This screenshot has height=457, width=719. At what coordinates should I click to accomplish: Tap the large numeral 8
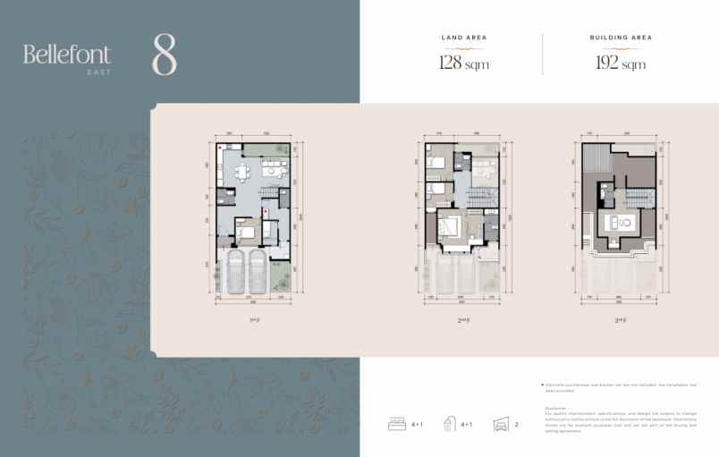click(x=165, y=55)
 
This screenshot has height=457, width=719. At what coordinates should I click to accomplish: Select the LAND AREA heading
click(x=463, y=38)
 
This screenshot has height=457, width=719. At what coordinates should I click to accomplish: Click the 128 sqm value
click(x=463, y=63)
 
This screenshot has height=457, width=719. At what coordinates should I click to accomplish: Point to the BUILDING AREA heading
click(x=621, y=38)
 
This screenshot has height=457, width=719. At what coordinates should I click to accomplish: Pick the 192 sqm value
click(x=621, y=63)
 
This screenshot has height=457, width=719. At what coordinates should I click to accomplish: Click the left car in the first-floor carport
click(x=236, y=272)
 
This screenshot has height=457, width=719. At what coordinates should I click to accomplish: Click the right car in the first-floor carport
click(x=258, y=272)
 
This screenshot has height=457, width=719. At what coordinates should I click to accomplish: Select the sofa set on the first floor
click(x=240, y=171)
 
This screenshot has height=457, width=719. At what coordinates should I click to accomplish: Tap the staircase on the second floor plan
click(x=484, y=198)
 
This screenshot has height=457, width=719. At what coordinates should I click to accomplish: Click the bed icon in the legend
click(x=397, y=425)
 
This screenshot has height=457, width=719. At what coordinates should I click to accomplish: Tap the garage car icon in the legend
click(x=502, y=425)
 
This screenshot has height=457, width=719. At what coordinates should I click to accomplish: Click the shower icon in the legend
click(x=450, y=425)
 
